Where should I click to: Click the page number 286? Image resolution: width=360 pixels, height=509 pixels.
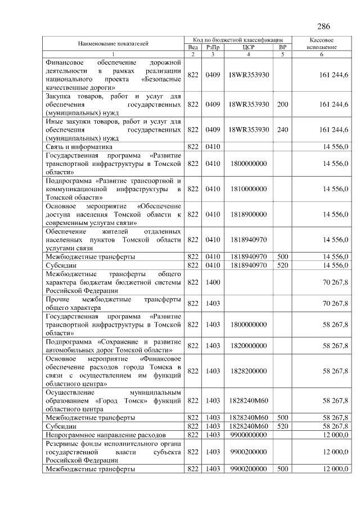323,26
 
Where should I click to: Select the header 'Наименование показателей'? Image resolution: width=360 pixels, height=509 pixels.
113,43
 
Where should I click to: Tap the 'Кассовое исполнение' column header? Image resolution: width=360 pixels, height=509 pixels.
322,44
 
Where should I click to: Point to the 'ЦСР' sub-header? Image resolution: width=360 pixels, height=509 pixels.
249,48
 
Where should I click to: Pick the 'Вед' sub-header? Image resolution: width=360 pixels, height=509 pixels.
192,48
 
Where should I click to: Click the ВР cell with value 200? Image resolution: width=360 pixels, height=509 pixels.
283,105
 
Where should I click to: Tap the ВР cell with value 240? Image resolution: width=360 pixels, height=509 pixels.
283,130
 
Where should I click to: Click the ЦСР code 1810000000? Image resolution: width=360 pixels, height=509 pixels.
249,190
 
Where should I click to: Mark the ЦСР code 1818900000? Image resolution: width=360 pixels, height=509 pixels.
249,214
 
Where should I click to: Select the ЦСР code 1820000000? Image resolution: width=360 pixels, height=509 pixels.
249,345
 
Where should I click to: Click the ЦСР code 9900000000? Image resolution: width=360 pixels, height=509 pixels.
249,435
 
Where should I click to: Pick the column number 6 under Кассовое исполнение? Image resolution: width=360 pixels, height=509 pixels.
322,54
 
